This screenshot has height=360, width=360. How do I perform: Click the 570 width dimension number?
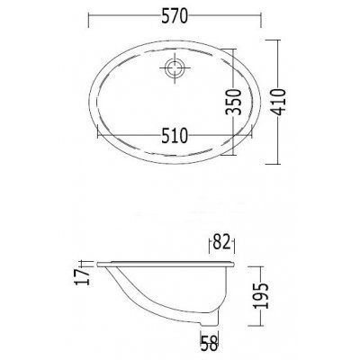click(175, 16)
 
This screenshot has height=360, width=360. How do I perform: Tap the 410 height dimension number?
click(278, 102)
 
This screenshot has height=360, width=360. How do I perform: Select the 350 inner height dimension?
click(233, 102)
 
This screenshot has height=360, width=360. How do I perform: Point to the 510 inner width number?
click(175, 135)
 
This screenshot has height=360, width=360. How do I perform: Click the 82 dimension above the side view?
click(222, 242)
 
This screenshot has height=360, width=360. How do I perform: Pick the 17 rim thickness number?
click(83, 276)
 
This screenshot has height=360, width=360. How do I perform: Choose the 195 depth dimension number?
click(260, 295)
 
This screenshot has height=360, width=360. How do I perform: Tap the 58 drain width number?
click(210, 343)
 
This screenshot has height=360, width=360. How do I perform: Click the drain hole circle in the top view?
click(175, 67)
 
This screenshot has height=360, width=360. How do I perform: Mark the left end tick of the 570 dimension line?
click(88, 20)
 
